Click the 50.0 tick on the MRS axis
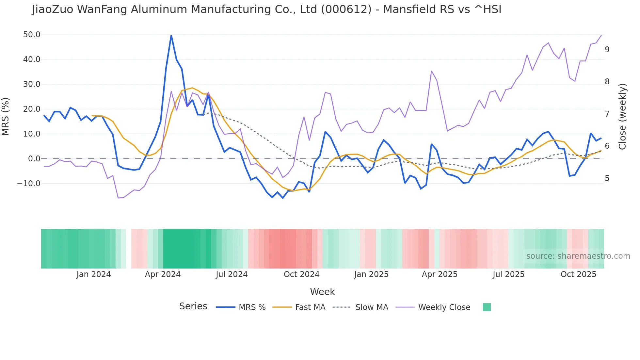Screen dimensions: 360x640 click(32, 35)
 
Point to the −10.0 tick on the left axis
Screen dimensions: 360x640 click(29, 184)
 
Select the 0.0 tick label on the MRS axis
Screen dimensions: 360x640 click(34, 159)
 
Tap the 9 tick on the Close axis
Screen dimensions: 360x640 click(607, 50)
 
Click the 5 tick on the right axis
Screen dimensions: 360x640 click(607, 178)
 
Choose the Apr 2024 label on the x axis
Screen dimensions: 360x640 click(163, 274)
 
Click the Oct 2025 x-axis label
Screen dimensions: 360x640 click(578, 274)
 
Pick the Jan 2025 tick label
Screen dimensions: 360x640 click(371, 274)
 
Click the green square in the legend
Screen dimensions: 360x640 click(487, 307)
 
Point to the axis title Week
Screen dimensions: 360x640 click(322, 292)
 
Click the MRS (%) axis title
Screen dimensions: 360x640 click(6, 117)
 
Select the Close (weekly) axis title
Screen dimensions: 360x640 click(623, 117)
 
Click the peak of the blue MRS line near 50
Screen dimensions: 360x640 click(171, 35)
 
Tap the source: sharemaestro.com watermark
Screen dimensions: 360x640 click(578, 256)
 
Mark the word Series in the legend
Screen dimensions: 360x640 click(193, 306)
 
